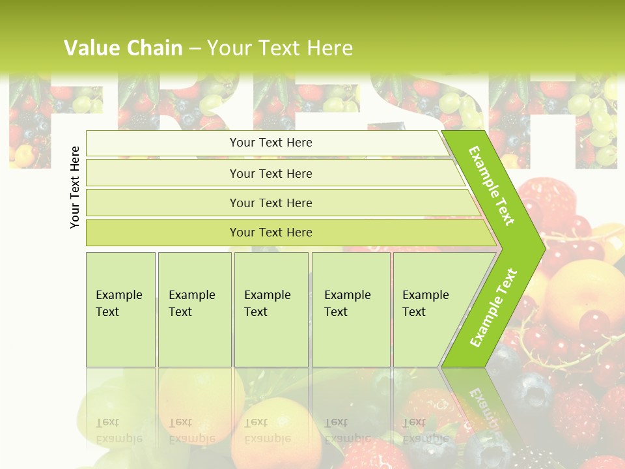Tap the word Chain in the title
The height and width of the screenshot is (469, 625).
click(x=155, y=48)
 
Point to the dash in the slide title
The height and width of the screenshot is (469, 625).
click(x=195, y=48)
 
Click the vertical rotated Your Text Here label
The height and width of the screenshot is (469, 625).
click(x=75, y=187)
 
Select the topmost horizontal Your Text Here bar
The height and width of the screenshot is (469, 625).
click(x=271, y=143)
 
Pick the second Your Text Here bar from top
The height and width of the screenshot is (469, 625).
click(x=271, y=173)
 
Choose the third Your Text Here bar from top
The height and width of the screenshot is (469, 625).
click(x=271, y=203)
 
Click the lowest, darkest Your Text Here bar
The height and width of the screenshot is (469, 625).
click(x=271, y=233)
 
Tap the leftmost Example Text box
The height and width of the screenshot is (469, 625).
click(x=120, y=309)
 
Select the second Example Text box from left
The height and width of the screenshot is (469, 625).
click(x=194, y=309)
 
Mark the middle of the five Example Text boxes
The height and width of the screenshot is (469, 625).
click(x=271, y=309)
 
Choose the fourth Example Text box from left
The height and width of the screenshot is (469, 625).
click(x=350, y=309)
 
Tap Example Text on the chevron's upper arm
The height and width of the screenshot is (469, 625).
click(x=492, y=186)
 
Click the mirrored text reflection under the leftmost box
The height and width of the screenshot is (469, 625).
click(x=119, y=430)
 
